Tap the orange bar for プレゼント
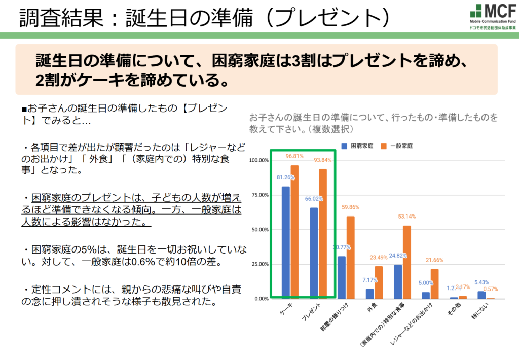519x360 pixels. [x=322, y=233]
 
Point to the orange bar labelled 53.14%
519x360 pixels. [x=406, y=262]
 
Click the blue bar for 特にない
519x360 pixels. [x=481, y=295]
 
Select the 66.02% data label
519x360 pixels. [x=314, y=198]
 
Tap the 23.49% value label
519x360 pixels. [x=378, y=257]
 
